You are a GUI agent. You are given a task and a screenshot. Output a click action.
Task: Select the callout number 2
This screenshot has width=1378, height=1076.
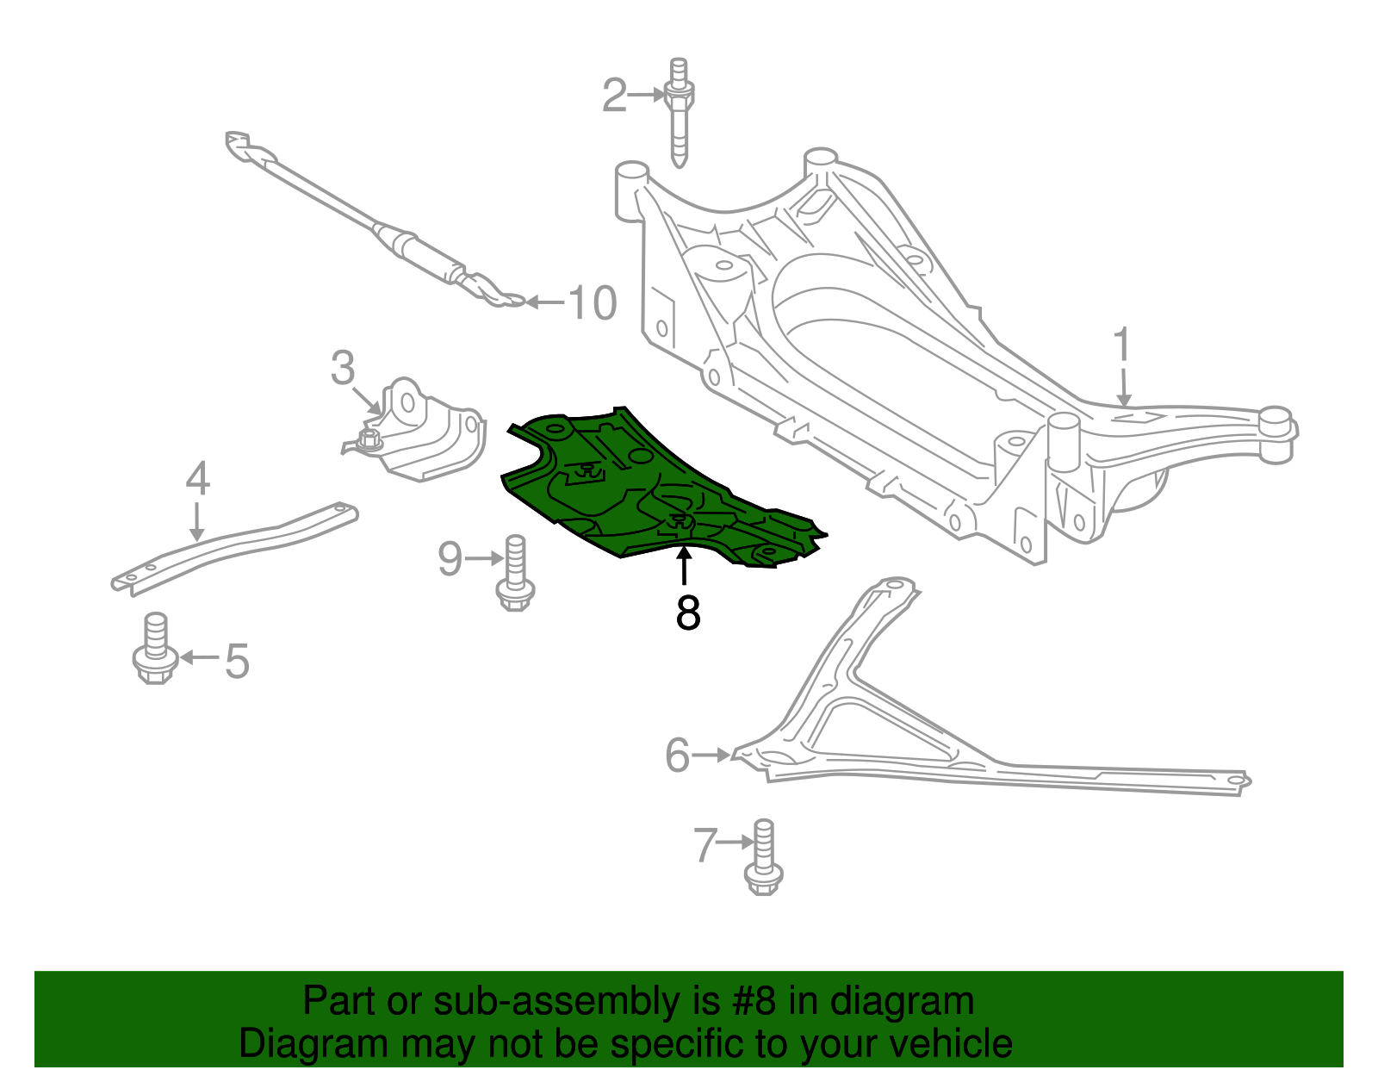tap(613, 96)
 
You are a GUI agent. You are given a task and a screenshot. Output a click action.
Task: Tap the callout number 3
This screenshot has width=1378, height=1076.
tap(343, 368)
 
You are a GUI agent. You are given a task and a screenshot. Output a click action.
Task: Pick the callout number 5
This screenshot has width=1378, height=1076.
tap(237, 662)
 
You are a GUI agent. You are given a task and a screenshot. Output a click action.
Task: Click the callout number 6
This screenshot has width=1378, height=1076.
tap(677, 756)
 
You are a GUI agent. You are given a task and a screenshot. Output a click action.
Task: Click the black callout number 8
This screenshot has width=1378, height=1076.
tap(688, 613)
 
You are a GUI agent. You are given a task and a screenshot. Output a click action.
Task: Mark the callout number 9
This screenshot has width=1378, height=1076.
tap(450, 559)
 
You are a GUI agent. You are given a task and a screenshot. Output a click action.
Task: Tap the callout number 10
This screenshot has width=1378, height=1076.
tap(593, 303)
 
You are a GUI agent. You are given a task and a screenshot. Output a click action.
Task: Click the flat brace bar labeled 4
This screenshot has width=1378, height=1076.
tap(233, 547)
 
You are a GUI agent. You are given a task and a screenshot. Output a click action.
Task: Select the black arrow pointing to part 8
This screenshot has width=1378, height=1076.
tap(684, 565)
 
